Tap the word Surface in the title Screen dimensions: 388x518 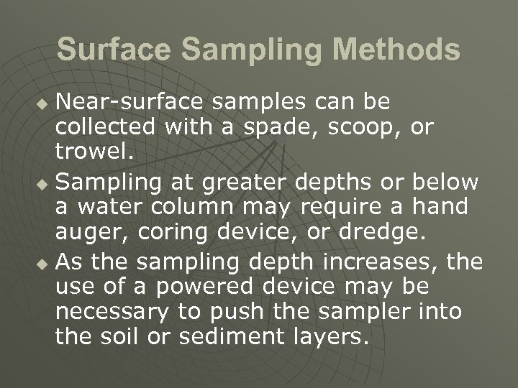click(114, 50)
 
